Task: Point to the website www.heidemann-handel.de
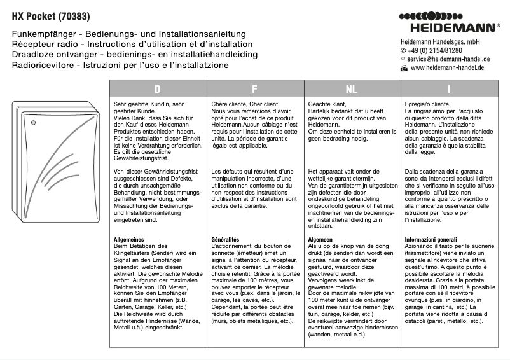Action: tap(448, 67)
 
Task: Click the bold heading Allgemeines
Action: tap(129, 239)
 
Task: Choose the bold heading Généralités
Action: tap(225, 239)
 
